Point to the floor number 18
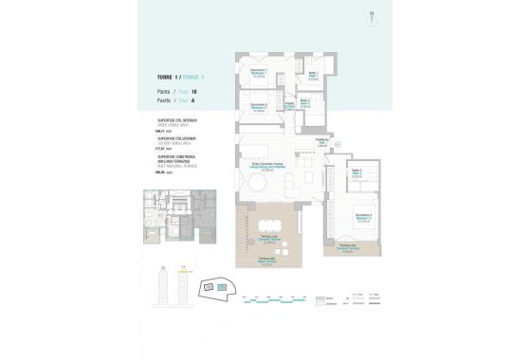click(194, 90)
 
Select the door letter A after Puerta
click(193, 99)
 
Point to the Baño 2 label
click(305, 104)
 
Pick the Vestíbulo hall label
click(320, 142)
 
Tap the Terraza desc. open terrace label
click(272, 264)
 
